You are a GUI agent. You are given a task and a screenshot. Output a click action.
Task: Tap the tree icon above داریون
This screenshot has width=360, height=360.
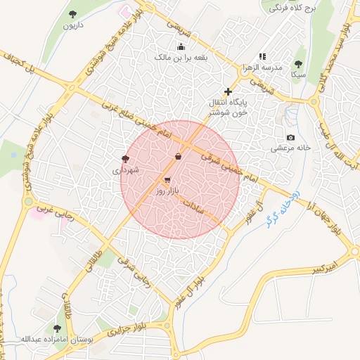click(73, 14)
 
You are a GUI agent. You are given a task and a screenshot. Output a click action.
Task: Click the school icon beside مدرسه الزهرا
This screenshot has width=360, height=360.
click(262, 56)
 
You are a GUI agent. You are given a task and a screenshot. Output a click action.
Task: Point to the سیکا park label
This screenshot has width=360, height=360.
click(299, 73)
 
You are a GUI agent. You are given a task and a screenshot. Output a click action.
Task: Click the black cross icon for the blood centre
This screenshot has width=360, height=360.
click(227, 91)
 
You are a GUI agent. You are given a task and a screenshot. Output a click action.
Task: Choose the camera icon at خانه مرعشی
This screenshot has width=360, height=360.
click(290, 137)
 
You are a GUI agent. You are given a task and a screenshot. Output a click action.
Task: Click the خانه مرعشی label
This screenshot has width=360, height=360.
click(291, 148)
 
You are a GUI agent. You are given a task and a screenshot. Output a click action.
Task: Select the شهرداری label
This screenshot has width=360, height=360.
click(126, 170)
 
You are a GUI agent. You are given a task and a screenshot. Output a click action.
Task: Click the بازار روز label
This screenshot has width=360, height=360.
click(168, 191)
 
